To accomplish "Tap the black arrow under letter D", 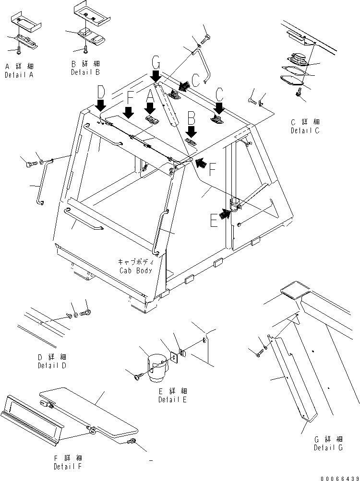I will coord(101,105).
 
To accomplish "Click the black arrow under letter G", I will coord(156,75).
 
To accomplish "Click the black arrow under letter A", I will coord(150,107).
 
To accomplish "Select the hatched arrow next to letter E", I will coord(223,214).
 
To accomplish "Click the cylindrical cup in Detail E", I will coord(157,367).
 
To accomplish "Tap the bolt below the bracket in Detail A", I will coord(18,50).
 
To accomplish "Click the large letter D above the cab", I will coord(100,91).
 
